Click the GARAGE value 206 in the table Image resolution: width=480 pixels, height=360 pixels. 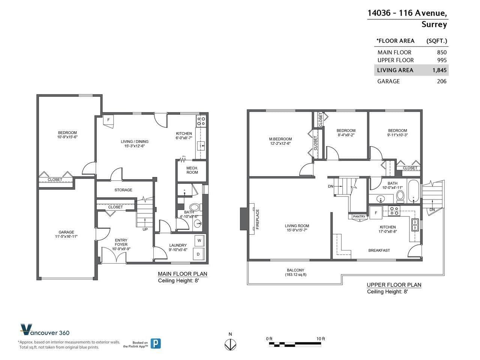(441, 81)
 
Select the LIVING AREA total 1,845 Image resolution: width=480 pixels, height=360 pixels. (439, 70)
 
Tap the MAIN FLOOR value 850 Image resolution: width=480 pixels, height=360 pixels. (442, 52)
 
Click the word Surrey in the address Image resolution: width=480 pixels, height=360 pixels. (434, 24)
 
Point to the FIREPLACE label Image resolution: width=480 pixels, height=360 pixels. (257, 219)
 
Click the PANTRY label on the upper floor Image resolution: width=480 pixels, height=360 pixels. (359, 216)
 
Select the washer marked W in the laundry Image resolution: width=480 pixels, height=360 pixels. (199, 240)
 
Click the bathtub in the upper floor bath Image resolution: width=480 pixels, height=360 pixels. (413, 192)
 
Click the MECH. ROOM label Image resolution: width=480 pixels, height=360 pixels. (192, 170)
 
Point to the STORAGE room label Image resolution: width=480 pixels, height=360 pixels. (123, 190)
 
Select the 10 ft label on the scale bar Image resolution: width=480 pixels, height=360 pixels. (321, 339)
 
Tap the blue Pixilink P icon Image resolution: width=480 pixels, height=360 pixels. (156, 343)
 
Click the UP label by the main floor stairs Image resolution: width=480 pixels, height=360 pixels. (145, 229)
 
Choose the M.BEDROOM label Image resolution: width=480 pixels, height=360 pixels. (280, 139)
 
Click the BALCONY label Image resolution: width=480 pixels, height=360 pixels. (295, 270)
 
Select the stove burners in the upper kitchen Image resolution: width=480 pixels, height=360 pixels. (394, 211)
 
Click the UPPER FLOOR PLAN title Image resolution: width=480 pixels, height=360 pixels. (394, 285)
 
